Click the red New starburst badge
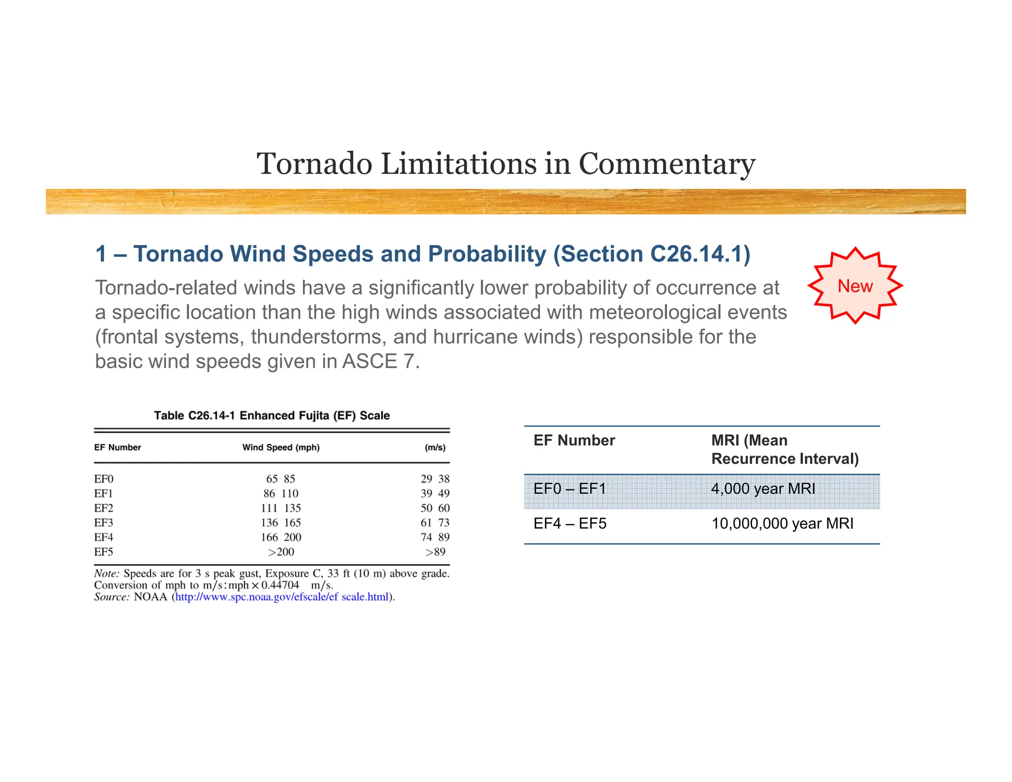coord(855,286)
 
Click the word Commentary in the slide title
coord(667,164)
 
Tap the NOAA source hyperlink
coord(282,597)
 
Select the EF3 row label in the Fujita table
coord(104,522)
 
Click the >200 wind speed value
coord(281,552)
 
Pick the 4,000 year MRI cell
coord(763,489)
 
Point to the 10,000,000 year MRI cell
coord(782,523)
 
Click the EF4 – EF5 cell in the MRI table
coord(570,523)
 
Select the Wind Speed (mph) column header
coord(281,447)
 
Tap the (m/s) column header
coord(435,447)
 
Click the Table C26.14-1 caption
coord(272,416)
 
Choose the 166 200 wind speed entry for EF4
coord(281,537)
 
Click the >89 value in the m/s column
coord(435,552)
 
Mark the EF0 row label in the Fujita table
coord(104,479)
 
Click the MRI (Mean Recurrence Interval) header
coord(785,449)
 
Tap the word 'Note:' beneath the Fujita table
coord(107,574)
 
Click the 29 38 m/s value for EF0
coord(435,479)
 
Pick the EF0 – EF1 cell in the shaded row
coord(570,489)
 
